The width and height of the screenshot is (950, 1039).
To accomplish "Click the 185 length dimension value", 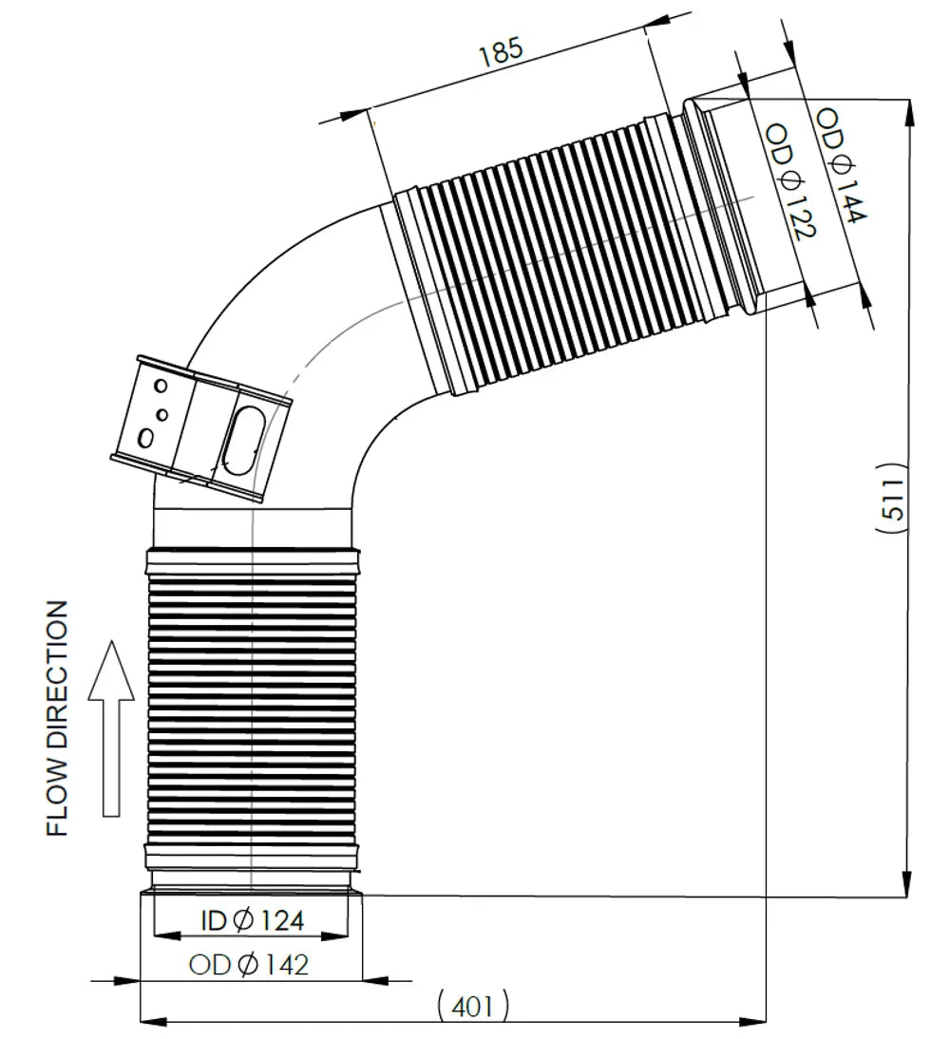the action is tap(502, 51).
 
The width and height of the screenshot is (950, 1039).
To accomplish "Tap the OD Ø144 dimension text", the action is tap(841, 165).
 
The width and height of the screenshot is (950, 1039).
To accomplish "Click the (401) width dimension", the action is tap(473, 1007).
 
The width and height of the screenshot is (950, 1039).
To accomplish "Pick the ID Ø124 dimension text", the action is tap(252, 919).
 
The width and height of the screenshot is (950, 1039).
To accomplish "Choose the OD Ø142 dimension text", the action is tap(249, 964).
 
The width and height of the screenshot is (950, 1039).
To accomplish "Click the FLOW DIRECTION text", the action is tap(58, 718).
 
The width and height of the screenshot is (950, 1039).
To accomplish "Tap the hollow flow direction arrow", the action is tap(111, 727).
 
